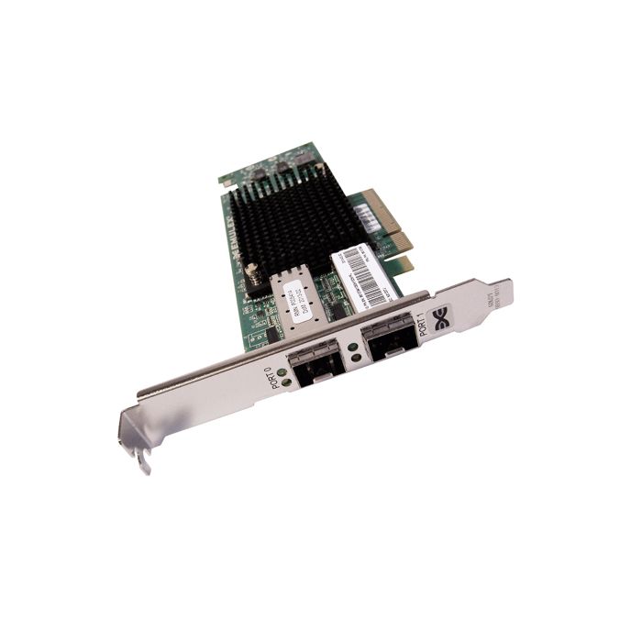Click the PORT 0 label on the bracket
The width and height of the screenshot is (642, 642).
(281, 375)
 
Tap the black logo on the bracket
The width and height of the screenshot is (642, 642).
(442, 319)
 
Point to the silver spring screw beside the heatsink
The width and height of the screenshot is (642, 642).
(250, 271)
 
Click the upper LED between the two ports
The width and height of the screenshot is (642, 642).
(352, 349)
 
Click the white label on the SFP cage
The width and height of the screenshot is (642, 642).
(295, 298)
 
